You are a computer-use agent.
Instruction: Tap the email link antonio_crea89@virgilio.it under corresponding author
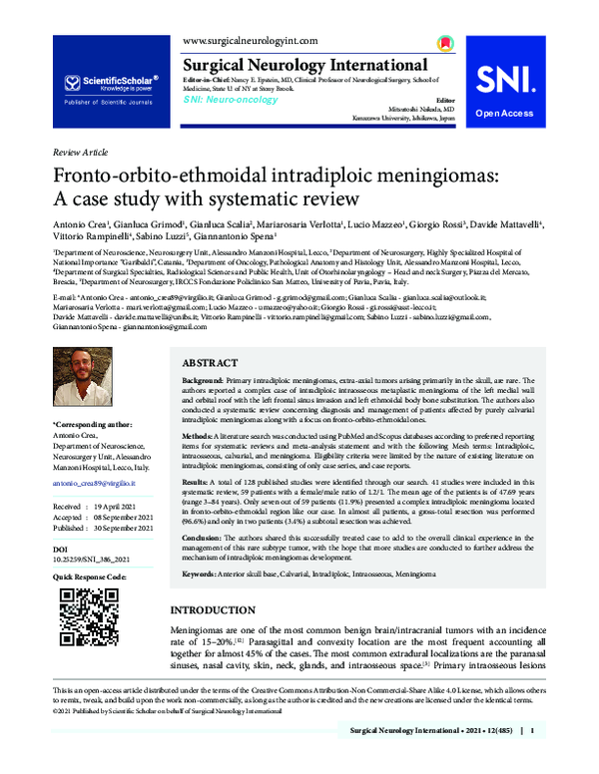pyautogui.click(x=91, y=483)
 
